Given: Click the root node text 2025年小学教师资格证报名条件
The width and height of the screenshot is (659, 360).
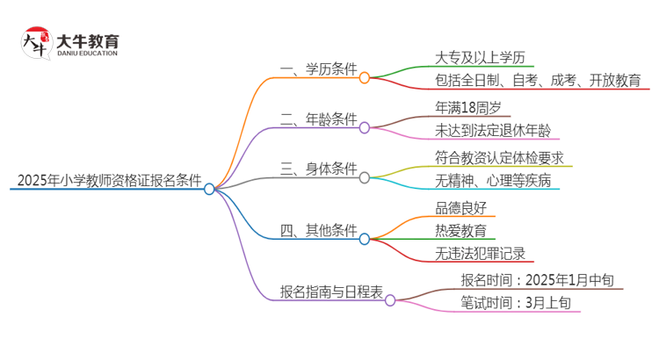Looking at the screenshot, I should pyautogui.click(x=109, y=180).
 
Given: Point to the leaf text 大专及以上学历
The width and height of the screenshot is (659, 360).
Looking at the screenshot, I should pyautogui.click(x=479, y=58).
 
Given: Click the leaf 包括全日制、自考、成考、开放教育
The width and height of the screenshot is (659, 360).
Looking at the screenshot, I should pyautogui.click(x=542, y=81).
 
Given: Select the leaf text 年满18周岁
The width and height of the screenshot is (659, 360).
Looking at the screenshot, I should pyautogui.click(x=468, y=106).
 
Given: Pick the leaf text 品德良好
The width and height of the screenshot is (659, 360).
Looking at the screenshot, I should pyautogui.click(x=460, y=208).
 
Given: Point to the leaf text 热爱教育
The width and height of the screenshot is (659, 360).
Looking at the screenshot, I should pyautogui.click(x=460, y=231).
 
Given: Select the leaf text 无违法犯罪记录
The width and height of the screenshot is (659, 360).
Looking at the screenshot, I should pyautogui.click(x=480, y=255).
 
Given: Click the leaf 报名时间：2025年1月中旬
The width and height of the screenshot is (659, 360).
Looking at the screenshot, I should pyautogui.click(x=543, y=281).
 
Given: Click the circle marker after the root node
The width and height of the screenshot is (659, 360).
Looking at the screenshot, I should pyautogui.click(x=209, y=189).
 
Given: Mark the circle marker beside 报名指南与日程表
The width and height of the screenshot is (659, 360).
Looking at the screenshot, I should pyautogui.click(x=390, y=299).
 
